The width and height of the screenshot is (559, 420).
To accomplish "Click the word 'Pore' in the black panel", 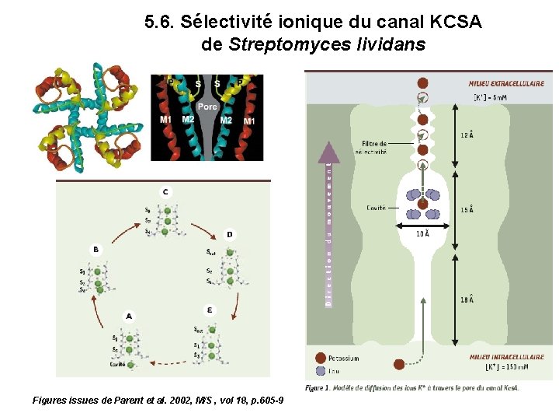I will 207,107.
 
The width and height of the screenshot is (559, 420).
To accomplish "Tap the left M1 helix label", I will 165,120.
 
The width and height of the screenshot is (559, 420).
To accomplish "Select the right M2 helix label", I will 226,120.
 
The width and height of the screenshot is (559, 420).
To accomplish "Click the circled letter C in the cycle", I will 165,191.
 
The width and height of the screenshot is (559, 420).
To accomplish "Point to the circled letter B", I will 95,249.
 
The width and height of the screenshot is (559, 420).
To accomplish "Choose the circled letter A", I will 128,316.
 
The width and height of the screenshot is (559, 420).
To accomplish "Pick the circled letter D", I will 229,234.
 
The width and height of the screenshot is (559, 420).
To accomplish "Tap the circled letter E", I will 210,310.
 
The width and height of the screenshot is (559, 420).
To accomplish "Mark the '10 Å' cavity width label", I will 422,233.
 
